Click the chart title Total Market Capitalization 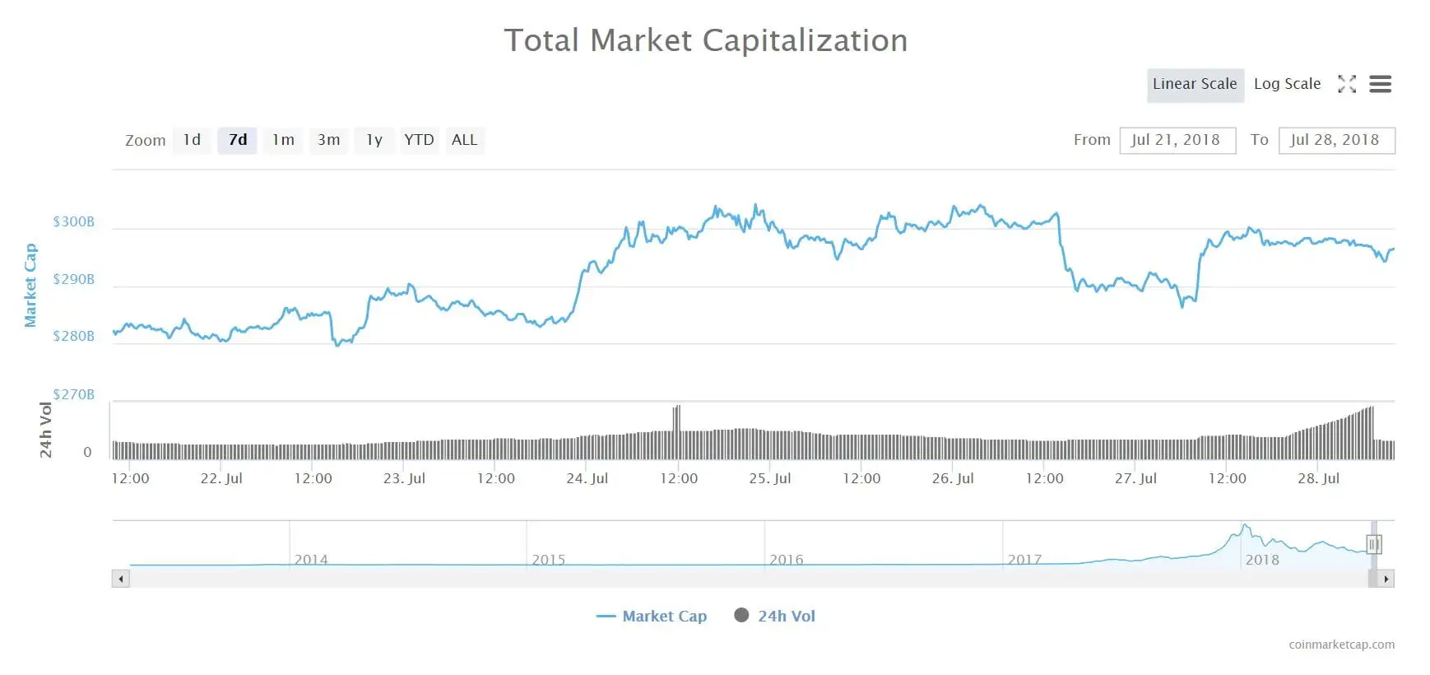(x=705, y=40)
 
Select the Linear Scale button (x=1195, y=84)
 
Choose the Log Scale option (x=1287, y=84)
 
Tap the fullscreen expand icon (x=1347, y=84)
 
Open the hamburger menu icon (x=1381, y=84)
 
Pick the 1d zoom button (x=192, y=140)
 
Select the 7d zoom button (x=238, y=140)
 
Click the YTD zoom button (x=419, y=140)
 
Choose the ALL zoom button (x=464, y=140)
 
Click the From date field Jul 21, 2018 (x=1177, y=140)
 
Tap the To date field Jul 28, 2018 (x=1335, y=140)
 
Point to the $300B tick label (x=74, y=221)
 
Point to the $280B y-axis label (x=74, y=336)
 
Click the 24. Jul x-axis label (x=587, y=478)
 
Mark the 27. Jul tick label (x=1135, y=478)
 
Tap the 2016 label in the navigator (x=786, y=560)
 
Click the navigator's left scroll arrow (x=121, y=579)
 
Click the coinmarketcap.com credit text (x=1341, y=645)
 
